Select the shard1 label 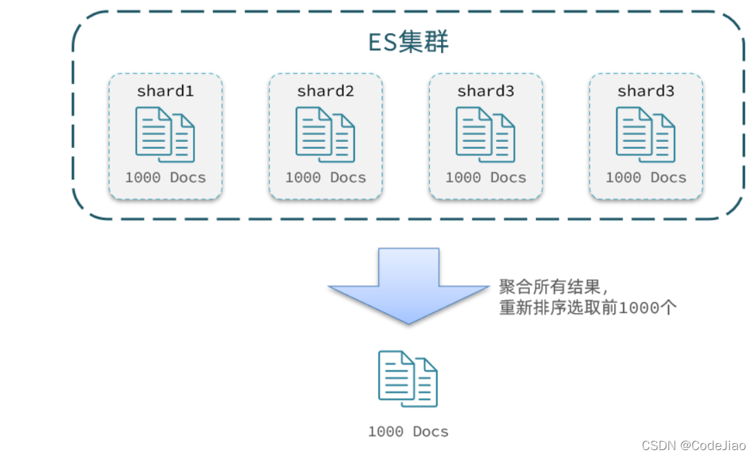point(165,91)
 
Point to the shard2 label point(325,91)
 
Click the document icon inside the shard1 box point(165,134)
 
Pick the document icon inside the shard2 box point(325,134)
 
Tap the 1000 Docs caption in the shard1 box point(165,178)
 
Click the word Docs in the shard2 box point(348,178)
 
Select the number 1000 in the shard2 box point(303,178)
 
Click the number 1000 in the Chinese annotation point(639,308)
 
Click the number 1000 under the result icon point(386,432)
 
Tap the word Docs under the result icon point(431,432)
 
